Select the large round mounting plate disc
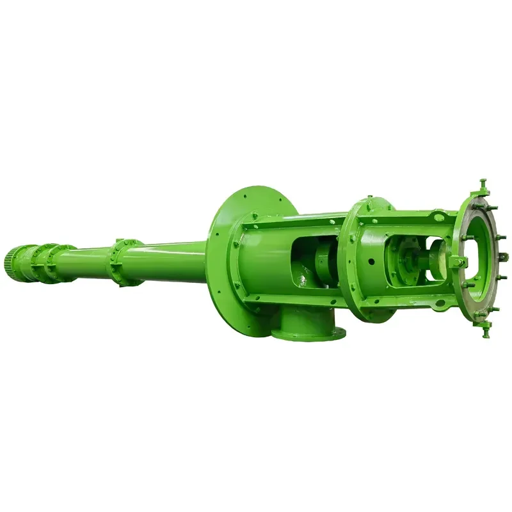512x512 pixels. coord(246,256)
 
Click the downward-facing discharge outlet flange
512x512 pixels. coord(308,333)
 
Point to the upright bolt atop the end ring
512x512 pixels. coord(483,185)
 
